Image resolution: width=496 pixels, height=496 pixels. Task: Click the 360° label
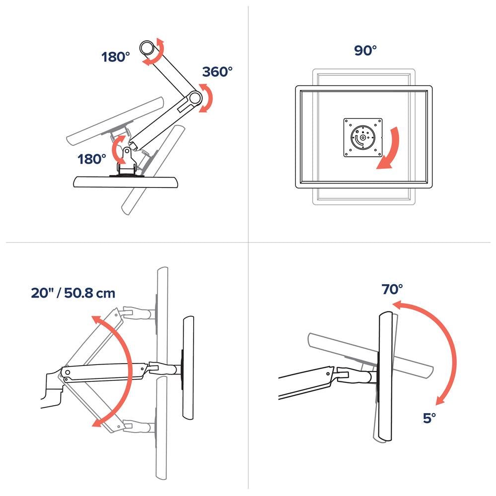tap(217, 72)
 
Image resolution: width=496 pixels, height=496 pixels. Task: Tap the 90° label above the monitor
tap(365, 51)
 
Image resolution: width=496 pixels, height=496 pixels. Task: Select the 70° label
tap(392, 289)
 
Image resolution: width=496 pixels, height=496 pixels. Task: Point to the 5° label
tap(429, 418)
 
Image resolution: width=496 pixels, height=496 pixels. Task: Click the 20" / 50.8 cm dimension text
tap(73, 293)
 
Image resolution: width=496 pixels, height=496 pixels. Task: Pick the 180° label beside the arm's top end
tap(116, 57)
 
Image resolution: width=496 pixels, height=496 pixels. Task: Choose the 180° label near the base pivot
tap(92, 159)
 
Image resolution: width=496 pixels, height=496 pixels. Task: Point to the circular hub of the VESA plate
tap(362, 137)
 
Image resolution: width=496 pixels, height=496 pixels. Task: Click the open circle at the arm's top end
tap(146, 48)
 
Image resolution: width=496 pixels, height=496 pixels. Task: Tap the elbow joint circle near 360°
tap(195, 98)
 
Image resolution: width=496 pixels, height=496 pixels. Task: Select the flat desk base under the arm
tap(126, 182)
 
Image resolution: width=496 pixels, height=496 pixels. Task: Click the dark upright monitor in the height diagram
tap(188, 368)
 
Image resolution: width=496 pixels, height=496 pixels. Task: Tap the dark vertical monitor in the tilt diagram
tap(386, 376)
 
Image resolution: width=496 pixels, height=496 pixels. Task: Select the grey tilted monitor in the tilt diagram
tap(370, 355)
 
